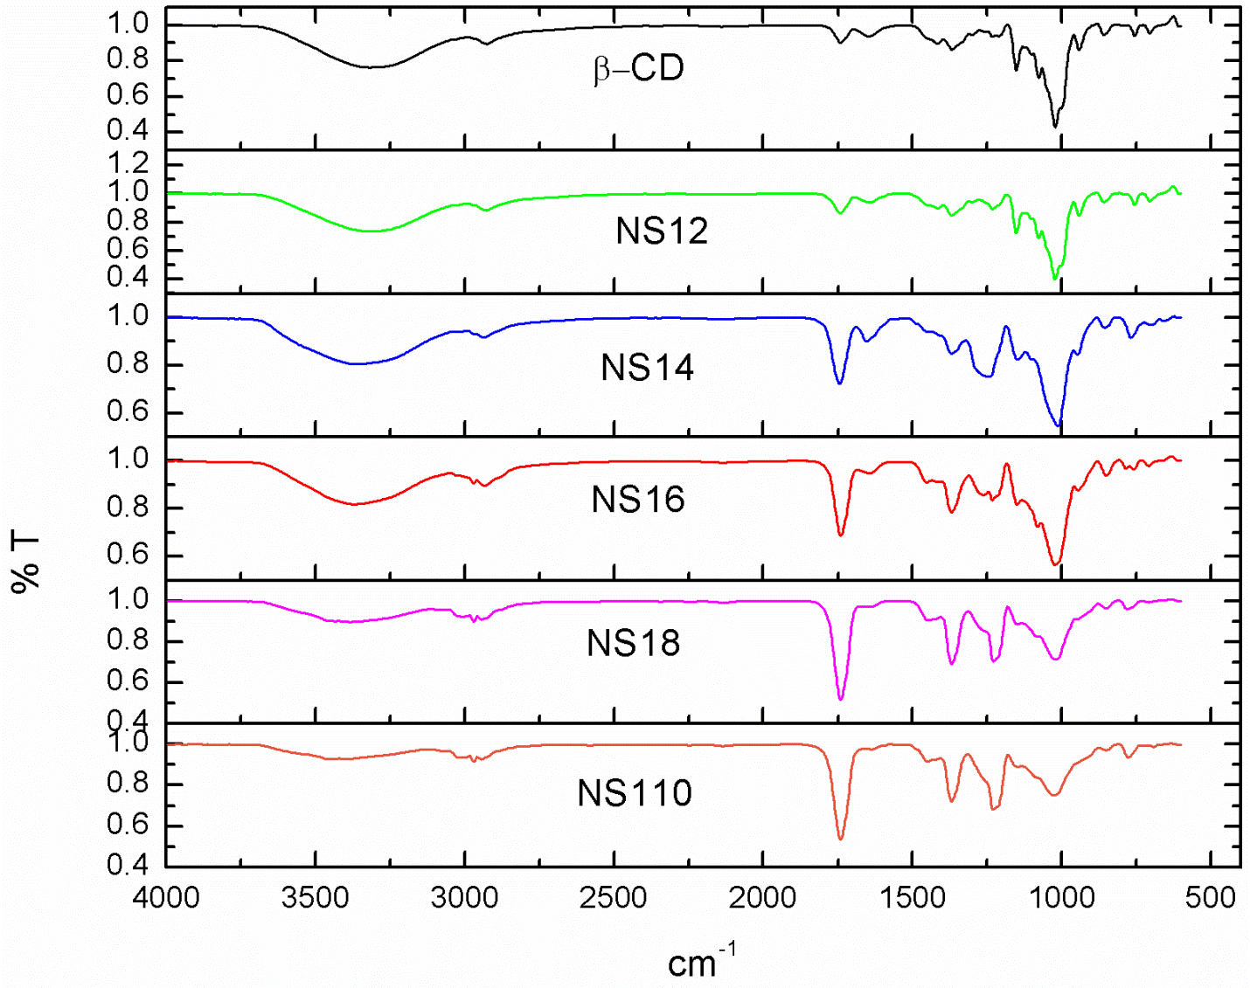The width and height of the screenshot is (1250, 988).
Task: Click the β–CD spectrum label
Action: coord(639,69)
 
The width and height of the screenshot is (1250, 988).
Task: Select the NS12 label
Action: coord(662,231)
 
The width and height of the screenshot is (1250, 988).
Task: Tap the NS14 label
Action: coord(648,368)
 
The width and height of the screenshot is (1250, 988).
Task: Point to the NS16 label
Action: coord(638,500)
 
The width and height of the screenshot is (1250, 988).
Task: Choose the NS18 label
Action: coord(633,643)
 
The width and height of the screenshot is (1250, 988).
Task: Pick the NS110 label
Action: coord(635,793)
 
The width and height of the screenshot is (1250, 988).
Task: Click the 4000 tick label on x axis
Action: coord(166,897)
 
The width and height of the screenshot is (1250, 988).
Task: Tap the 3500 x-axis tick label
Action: coord(315,897)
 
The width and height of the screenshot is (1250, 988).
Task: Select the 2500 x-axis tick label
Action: coord(614,897)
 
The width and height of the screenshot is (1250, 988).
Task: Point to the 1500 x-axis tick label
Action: coord(912,897)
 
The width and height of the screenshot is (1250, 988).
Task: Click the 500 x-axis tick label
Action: coord(1211,897)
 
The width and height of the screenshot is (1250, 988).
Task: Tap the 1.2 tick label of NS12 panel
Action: coord(128,163)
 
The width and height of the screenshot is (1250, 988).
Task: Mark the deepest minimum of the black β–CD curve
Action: coord(1055,128)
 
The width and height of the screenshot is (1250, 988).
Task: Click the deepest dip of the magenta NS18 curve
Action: coord(841,699)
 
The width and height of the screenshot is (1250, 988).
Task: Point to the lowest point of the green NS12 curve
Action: coord(1055,279)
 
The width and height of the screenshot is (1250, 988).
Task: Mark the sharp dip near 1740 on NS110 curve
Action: coord(841,839)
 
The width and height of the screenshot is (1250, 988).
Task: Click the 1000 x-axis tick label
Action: coord(1061,897)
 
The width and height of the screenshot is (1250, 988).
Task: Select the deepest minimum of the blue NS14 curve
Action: coord(1059,425)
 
